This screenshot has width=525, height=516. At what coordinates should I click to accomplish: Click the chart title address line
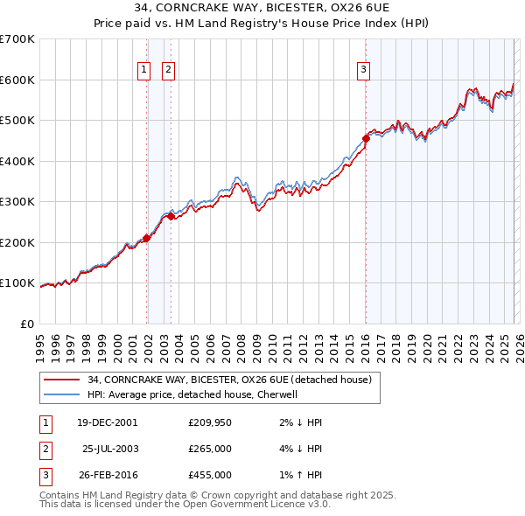click(x=262, y=8)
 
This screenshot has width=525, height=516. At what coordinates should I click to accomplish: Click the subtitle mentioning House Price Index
click(x=262, y=24)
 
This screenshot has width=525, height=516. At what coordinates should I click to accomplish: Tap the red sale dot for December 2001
click(x=147, y=238)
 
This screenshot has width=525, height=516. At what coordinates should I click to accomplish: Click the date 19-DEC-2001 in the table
click(x=107, y=422)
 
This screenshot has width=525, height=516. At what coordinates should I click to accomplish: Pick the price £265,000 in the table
click(x=210, y=449)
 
